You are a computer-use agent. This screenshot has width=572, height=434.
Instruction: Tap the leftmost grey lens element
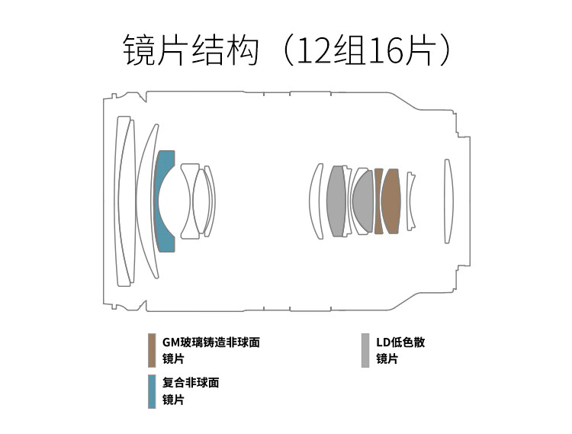click(x=336, y=201)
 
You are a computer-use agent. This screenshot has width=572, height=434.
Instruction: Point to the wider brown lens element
click(x=391, y=201)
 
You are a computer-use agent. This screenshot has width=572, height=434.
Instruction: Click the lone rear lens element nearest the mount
click(x=448, y=201)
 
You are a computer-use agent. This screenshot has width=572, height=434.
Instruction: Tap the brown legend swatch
click(x=152, y=350)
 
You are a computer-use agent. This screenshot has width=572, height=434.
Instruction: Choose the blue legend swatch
click(x=152, y=391)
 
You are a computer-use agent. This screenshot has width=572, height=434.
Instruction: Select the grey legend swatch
click(x=365, y=350)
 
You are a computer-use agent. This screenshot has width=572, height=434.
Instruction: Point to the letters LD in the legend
click(x=383, y=342)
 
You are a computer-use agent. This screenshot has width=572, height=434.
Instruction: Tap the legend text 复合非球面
click(x=191, y=383)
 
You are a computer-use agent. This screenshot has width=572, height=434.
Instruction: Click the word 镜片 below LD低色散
click(x=387, y=359)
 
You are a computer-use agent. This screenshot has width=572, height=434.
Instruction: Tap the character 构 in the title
click(x=243, y=50)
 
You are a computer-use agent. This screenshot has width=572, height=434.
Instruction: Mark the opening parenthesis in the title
click(x=288, y=50)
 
